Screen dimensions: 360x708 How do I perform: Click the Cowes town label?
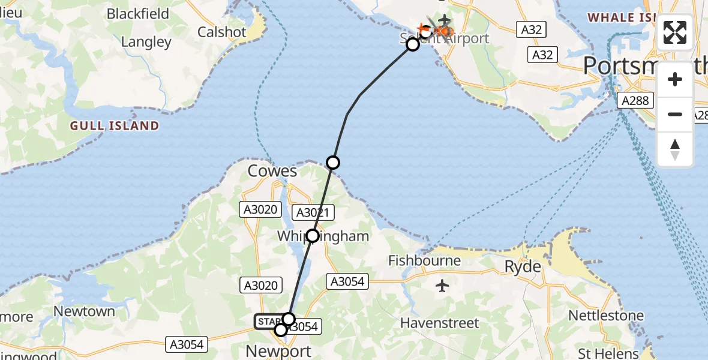pos(273,171)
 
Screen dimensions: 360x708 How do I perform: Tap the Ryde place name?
pos(523,267)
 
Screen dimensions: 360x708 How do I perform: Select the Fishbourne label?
pos(424,260)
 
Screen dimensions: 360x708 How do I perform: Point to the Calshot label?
pos(222,32)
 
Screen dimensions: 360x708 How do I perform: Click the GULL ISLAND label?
pos(115,126)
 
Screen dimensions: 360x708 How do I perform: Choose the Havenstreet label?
pos(440,323)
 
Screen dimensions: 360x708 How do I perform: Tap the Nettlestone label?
pos(606,315)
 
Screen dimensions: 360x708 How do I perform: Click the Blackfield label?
pos(139,14)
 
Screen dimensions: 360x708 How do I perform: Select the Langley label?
pos(146,42)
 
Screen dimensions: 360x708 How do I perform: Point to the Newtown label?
pos(84,311)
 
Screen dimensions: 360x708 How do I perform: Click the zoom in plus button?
pos(675,80)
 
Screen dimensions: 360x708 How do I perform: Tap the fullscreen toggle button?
pos(675,32)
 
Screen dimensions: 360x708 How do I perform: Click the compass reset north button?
pos(675,149)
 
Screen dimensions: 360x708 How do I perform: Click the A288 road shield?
pos(635,101)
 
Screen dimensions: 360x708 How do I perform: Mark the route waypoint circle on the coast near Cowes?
pos(333,162)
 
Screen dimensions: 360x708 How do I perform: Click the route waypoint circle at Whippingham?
pos(313,236)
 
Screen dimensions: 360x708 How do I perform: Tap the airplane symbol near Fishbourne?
pos(442,286)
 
